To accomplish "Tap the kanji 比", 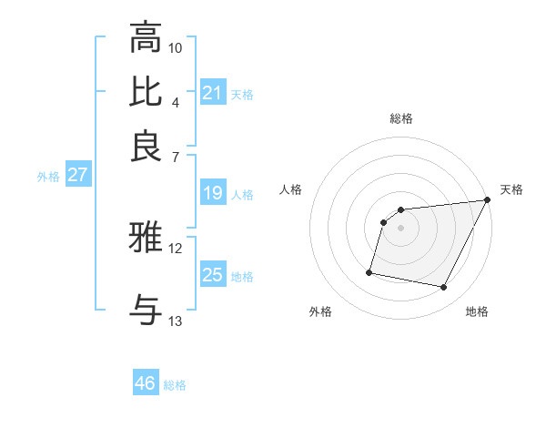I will pos(147,92).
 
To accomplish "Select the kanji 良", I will pos(147,147).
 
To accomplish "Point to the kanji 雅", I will pos(147,238).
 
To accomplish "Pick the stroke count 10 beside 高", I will pos(176,47).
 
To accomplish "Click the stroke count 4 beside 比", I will pos(176,102).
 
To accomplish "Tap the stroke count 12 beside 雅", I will pos(176,248).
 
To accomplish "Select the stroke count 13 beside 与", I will pos(176,321).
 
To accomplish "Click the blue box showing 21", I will pos(212,93).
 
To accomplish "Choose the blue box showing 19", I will pos(212,193).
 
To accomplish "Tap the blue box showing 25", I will pos(212,275).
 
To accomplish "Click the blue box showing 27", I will pos(77,175).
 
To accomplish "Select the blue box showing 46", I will pos(146,383).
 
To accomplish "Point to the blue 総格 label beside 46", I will pos(175,385).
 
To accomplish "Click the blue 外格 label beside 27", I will pos(47,177).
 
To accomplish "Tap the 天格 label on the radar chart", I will pos(511,189).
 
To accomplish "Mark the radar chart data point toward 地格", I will pos(444,288).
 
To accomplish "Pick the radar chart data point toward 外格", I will pos(369,272).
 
